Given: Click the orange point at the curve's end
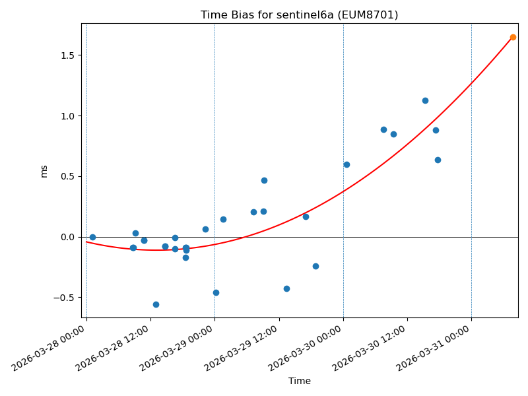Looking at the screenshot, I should (x=513, y=37).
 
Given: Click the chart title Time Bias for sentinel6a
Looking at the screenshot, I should (x=299, y=15).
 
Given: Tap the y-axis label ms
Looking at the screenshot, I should (x=44, y=171).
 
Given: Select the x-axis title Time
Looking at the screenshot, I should (x=299, y=381).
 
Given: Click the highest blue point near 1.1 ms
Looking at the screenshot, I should (x=425, y=100).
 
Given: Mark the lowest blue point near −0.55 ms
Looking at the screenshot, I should (x=156, y=304).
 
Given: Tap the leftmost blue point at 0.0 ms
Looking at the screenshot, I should (x=92, y=237).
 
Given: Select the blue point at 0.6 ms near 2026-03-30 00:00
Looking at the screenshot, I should (x=346, y=164).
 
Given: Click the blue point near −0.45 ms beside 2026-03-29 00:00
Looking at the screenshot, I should (x=216, y=292).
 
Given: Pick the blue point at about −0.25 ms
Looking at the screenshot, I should (x=315, y=266).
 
